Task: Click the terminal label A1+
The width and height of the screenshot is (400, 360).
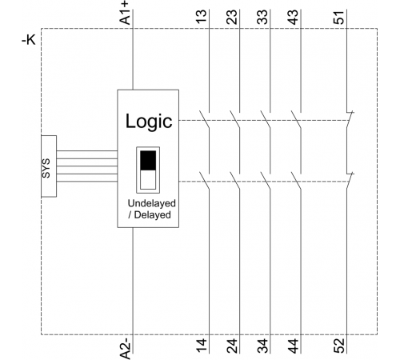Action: [x=125, y=14]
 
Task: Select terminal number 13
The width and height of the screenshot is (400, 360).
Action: [x=202, y=17]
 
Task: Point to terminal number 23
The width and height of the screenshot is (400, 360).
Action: [x=232, y=17]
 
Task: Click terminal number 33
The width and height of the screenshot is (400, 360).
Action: [x=262, y=17]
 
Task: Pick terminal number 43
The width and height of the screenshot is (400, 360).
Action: [x=293, y=17]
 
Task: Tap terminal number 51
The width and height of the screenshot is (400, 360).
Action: [x=339, y=17]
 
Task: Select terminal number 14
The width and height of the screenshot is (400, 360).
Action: [x=202, y=346]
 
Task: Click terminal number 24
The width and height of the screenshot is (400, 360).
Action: [x=232, y=346]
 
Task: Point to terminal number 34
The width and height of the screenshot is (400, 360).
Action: [x=262, y=346]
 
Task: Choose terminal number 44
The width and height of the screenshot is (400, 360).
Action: [x=293, y=346]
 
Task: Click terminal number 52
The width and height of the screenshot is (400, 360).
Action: [x=339, y=346]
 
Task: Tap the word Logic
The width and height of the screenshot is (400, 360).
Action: [x=149, y=122]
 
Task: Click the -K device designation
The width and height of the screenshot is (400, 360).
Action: [x=29, y=40]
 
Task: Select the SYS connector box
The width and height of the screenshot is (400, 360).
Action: [x=49, y=166]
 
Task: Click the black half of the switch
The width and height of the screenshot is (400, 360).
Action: [x=148, y=160]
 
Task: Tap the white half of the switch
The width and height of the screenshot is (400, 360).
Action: [x=148, y=180]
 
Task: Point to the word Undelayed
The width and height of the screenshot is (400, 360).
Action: [x=152, y=203]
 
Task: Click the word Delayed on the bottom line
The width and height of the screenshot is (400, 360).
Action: [x=152, y=214]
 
